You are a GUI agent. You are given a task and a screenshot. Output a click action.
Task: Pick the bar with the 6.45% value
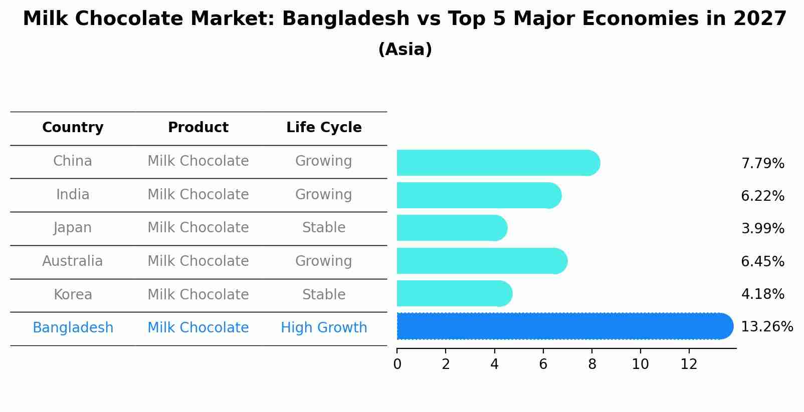(x=482, y=261)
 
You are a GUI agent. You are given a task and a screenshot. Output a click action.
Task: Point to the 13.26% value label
(x=766, y=327)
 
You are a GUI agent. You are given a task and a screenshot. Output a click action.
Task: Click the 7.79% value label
(x=762, y=164)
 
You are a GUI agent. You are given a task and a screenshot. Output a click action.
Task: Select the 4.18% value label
(x=762, y=294)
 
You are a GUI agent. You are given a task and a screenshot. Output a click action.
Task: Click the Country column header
(x=73, y=128)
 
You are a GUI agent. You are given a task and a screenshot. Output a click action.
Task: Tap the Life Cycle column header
(x=324, y=128)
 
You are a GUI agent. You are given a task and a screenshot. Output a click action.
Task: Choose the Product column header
(x=198, y=128)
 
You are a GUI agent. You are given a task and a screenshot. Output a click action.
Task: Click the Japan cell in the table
(x=73, y=228)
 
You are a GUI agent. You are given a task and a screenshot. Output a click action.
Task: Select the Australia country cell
(x=73, y=261)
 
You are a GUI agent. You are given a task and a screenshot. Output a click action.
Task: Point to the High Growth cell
(x=324, y=328)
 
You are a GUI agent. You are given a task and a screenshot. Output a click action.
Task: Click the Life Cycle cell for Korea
(x=324, y=295)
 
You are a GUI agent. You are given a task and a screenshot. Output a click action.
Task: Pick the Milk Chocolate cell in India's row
(x=198, y=195)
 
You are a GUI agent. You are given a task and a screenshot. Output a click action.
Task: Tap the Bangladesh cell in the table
(x=73, y=328)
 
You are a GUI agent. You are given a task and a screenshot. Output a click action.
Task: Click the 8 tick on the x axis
(x=592, y=364)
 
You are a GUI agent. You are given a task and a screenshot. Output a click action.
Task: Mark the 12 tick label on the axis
(x=689, y=364)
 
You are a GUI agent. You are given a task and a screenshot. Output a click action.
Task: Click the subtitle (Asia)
(x=405, y=50)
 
